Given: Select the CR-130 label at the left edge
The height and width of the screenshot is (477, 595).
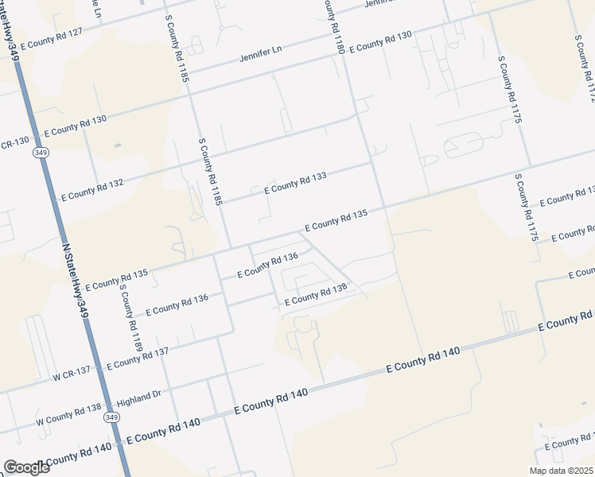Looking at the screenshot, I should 14,141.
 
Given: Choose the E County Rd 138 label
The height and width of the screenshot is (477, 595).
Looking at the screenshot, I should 316,294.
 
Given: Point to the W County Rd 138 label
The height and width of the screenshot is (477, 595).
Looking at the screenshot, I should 68,414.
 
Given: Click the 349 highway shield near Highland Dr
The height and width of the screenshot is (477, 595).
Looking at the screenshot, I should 111,418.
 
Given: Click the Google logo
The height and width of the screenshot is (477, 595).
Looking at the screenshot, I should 26,467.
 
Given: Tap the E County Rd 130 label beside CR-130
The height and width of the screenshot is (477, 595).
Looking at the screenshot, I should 76,125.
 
